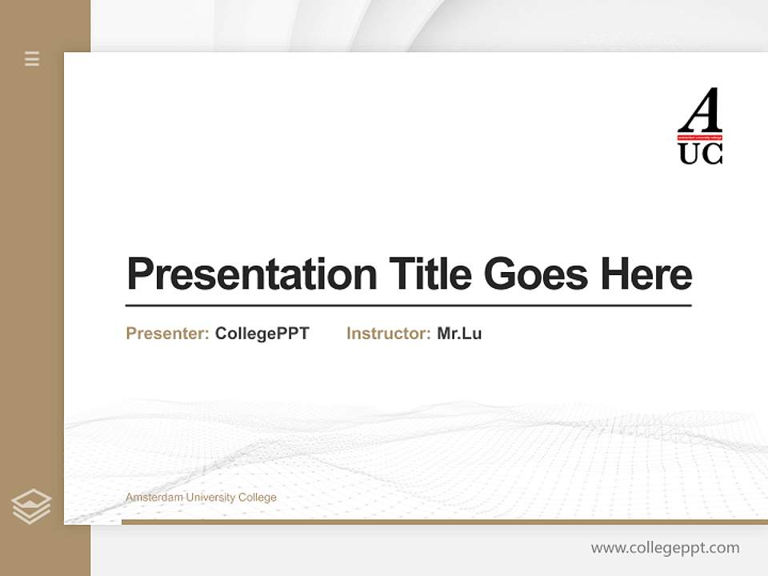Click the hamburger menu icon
(32, 58)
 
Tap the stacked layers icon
(31, 506)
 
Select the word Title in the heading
(430, 274)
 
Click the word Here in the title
(646, 274)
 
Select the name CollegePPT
(262, 334)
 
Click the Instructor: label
(389, 334)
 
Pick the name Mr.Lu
(459, 334)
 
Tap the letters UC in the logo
(700, 154)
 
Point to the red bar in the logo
(700, 138)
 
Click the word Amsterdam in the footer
(149, 498)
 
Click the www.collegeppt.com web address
(665, 548)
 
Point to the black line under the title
(408, 305)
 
